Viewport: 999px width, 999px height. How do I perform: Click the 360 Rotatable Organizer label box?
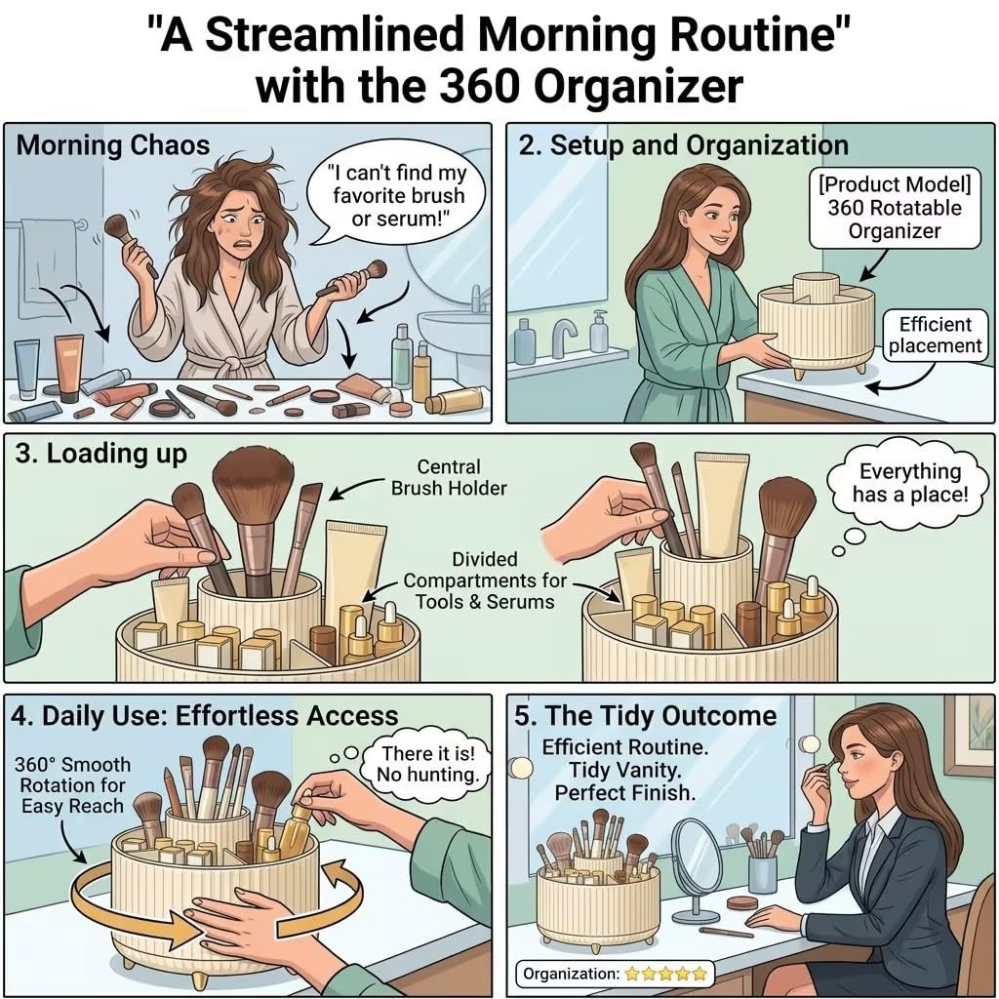point(895,208)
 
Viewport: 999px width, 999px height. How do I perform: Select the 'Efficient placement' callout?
point(936,336)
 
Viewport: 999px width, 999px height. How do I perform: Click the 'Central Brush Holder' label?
point(449,477)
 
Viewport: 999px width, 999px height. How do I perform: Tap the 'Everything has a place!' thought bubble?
point(910,482)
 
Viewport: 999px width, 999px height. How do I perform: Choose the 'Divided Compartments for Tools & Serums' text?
point(485,580)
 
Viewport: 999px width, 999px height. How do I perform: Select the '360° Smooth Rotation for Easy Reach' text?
point(72,785)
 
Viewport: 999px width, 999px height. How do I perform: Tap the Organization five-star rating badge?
point(615,974)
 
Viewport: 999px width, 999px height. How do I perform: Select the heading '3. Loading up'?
point(101,454)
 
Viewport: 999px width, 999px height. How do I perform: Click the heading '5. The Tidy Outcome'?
point(646,715)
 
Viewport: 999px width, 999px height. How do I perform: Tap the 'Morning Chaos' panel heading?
point(113,144)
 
